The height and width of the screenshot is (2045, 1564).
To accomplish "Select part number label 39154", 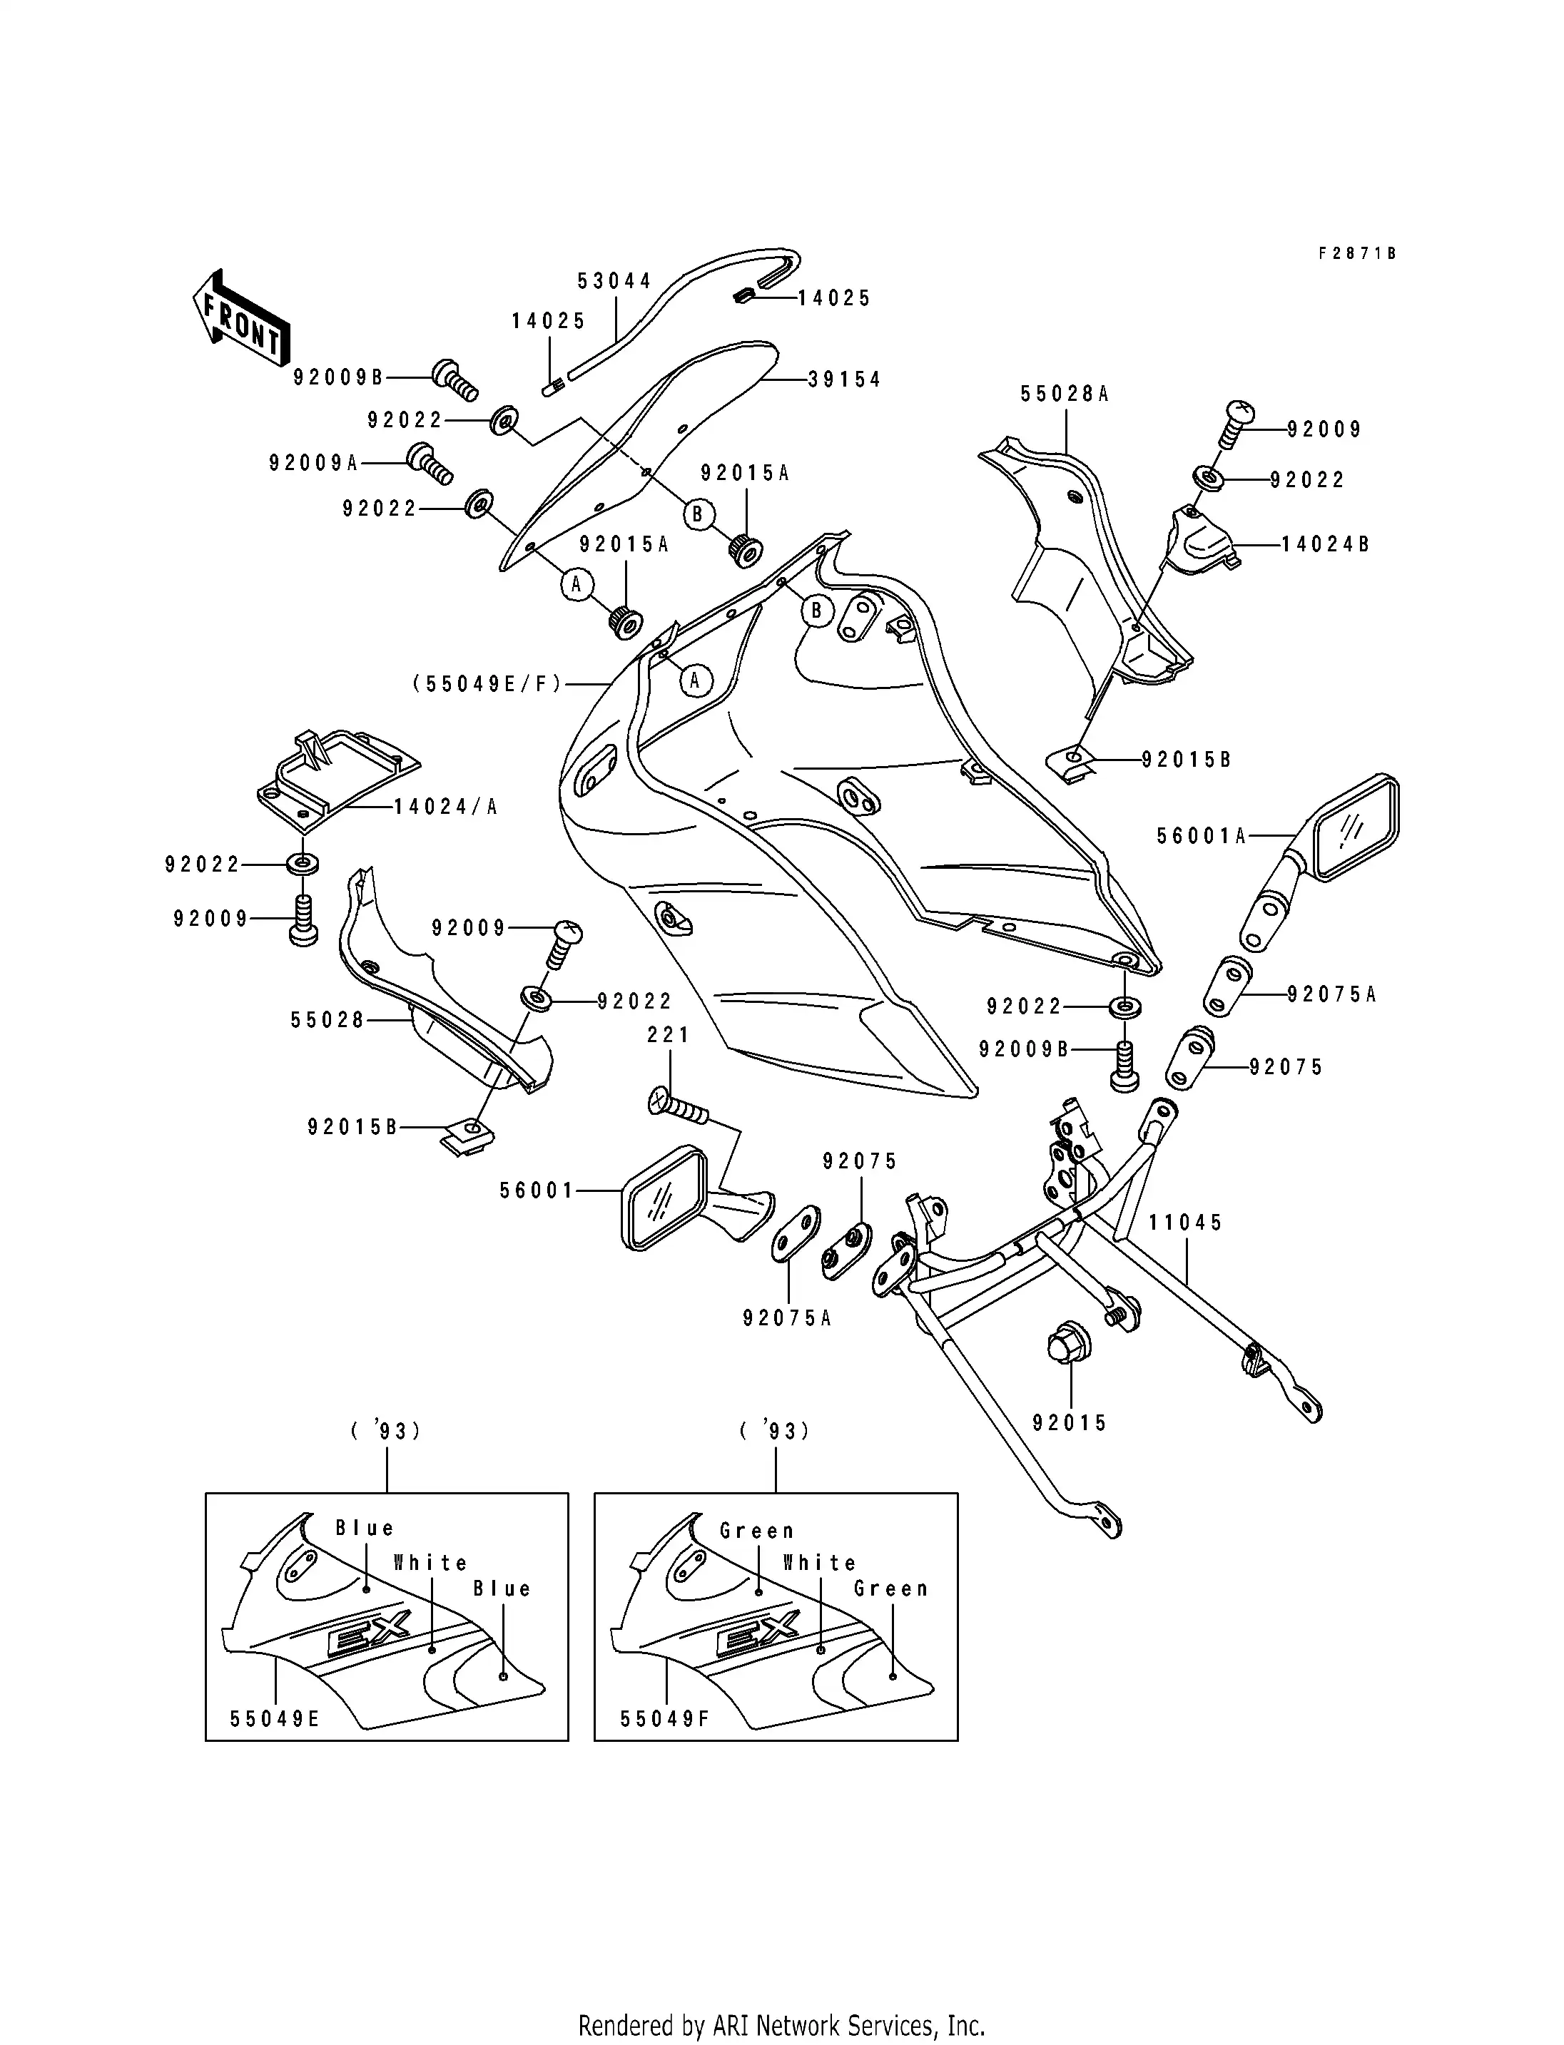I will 843,379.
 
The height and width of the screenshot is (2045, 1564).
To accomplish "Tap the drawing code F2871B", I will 1356,253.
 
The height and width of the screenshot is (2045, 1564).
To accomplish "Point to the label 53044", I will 614,281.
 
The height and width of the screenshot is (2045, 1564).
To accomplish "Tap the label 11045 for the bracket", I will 1185,1222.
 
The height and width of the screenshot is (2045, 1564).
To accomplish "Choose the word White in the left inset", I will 430,1563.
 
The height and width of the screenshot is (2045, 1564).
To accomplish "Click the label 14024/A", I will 446,807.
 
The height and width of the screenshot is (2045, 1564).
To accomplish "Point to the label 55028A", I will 1064,394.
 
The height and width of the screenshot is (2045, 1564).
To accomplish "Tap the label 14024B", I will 1325,544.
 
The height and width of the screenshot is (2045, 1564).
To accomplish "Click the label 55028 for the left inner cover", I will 327,1020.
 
